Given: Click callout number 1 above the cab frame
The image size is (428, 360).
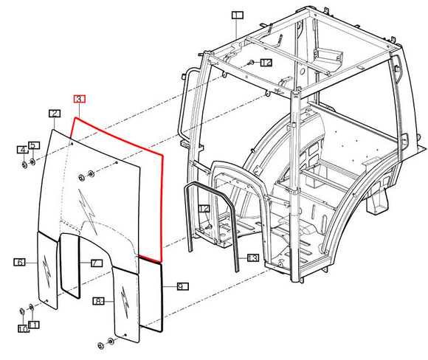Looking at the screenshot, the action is click(x=238, y=15).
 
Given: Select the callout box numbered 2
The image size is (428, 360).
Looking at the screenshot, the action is click(x=55, y=114).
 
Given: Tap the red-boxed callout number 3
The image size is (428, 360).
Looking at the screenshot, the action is click(x=80, y=99).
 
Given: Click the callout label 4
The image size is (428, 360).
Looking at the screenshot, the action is click(x=23, y=150).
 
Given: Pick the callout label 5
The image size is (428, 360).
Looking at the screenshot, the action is click(x=33, y=145).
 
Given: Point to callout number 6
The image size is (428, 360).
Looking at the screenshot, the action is click(x=19, y=263).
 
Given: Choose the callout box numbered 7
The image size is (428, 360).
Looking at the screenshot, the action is click(x=97, y=263).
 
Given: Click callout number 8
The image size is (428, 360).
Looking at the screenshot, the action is click(x=98, y=301).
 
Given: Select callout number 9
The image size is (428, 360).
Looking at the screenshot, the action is click(x=182, y=286).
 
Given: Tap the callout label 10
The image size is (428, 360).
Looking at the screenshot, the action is click(x=24, y=329).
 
